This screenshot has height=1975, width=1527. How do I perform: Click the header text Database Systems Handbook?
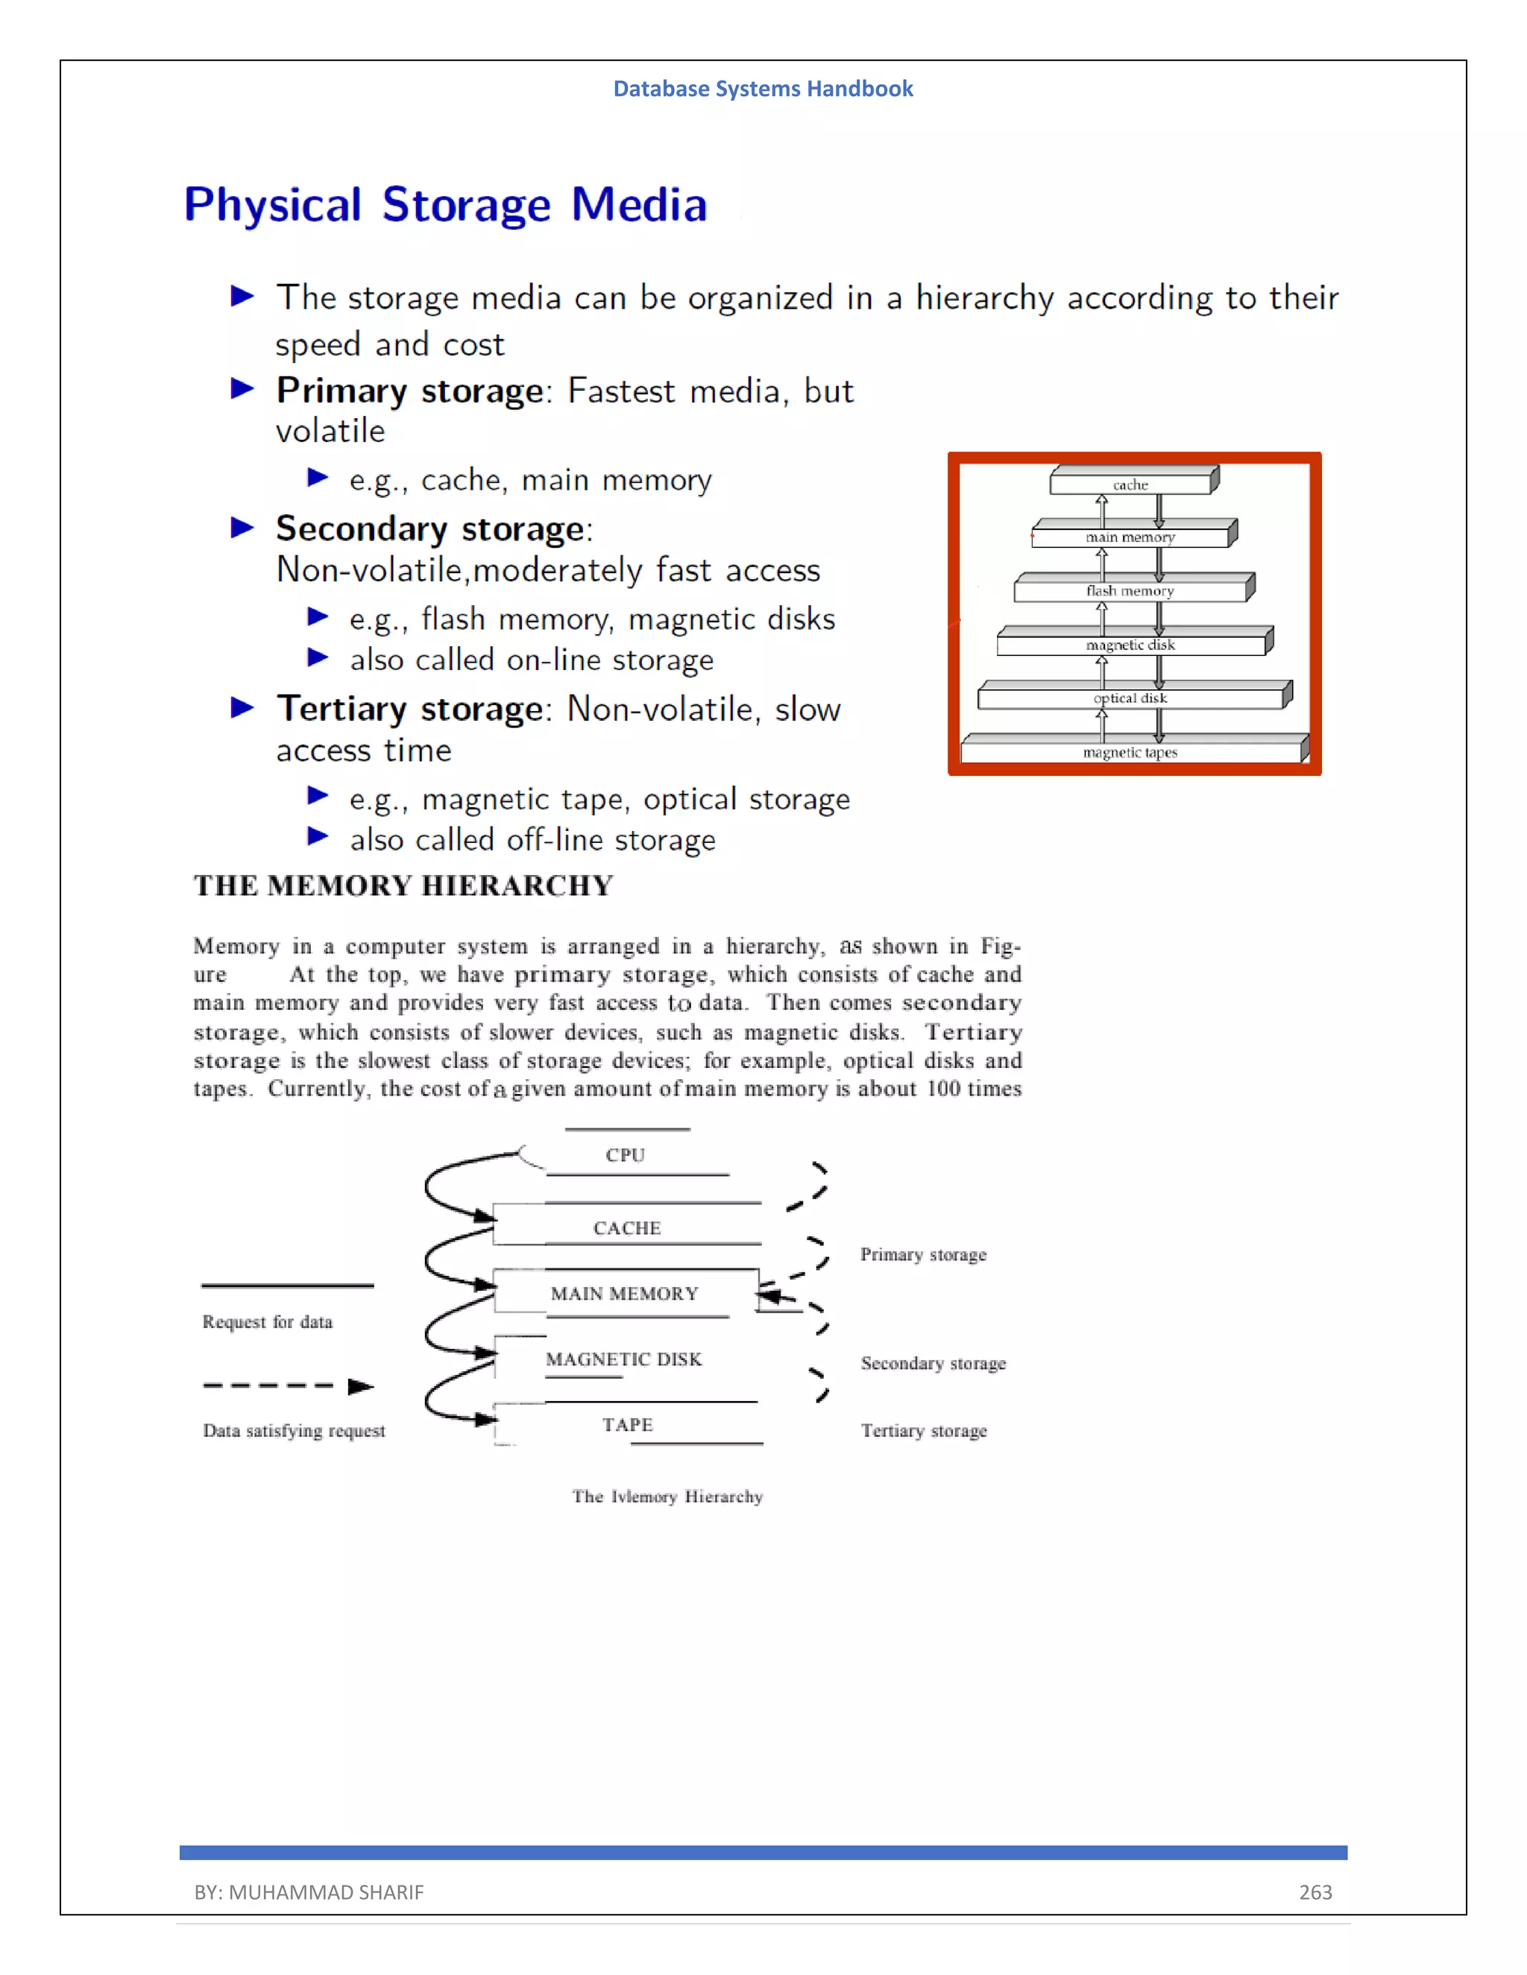tap(763, 89)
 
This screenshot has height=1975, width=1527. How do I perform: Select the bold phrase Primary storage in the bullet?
tap(409, 391)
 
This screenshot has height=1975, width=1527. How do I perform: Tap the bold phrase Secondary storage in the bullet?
tap(429, 528)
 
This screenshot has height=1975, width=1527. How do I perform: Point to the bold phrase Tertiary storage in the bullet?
tap(409, 708)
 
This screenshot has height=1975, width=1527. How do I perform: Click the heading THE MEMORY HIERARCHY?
tap(403, 885)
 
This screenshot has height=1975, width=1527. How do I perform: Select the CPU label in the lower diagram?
tap(625, 1154)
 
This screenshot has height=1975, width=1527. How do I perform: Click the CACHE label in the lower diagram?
tap(627, 1228)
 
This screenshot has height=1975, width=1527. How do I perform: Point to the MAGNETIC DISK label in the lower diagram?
tap(623, 1359)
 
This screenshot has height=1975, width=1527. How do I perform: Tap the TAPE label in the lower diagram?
tap(627, 1424)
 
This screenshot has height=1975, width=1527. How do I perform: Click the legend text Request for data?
tap(267, 1322)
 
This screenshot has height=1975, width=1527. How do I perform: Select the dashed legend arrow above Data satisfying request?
tap(288, 1385)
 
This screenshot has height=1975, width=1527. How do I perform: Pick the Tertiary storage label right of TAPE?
tap(923, 1431)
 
